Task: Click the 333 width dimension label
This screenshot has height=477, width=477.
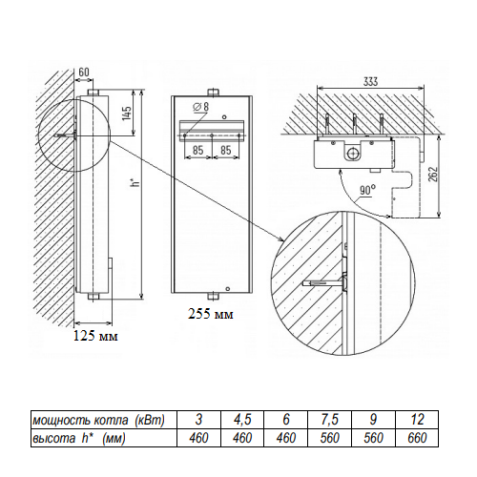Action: tap(371, 81)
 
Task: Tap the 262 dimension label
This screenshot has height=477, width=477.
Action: tap(433, 174)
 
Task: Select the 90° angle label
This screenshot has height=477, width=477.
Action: tap(367, 191)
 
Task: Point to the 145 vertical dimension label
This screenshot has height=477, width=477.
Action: tap(127, 114)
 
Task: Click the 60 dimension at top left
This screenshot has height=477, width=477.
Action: tap(84, 73)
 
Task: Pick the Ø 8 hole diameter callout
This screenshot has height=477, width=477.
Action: tap(201, 107)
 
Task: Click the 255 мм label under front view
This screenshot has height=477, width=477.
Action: tap(210, 314)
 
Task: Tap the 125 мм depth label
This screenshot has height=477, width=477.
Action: tap(95, 336)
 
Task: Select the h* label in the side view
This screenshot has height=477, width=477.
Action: tap(136, 182)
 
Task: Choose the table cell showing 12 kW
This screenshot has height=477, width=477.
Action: tap(417, 420)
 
